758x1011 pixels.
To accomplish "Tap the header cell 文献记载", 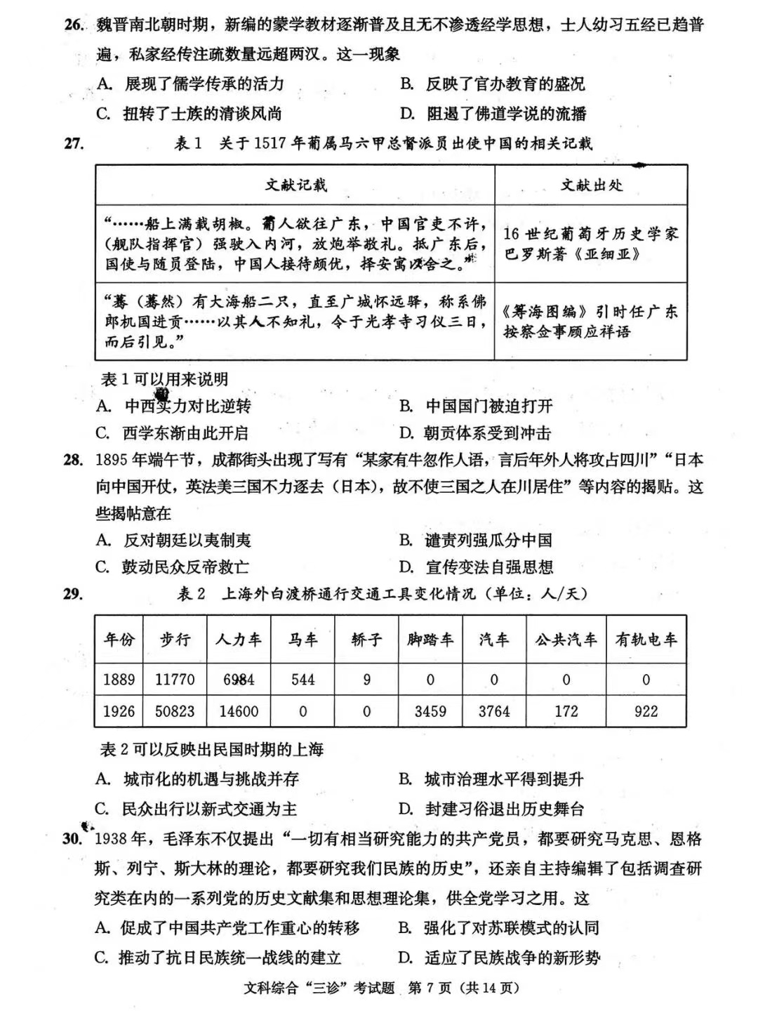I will pyautogui.click(x=295, y=185).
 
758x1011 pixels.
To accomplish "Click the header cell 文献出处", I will pyautogui.click(x=591, y=185).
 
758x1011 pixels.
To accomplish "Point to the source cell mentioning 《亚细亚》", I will pyautogui.click(x=591, y=244).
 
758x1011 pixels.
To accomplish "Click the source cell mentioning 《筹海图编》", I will pyautogui.click(x=591, y=321).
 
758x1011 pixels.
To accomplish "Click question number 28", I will pyautogui.click(x=73, y=461).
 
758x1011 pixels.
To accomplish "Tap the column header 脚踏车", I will pyautogui.click(x=430, y=640).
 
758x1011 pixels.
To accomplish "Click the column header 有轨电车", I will pyautogui.click(x=646, y=640).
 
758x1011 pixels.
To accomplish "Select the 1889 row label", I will pyautogui.click(x=119, y=680).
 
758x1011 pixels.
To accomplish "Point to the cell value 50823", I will pyautogui.click(x=175, y=711).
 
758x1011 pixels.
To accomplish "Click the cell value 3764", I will pyautogui.click(x=494, y=711).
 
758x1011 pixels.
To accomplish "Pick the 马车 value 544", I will pyautogui.click(x=302, y=680).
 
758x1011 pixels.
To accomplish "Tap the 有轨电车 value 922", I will pyautogui.click(x=646, y=711).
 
